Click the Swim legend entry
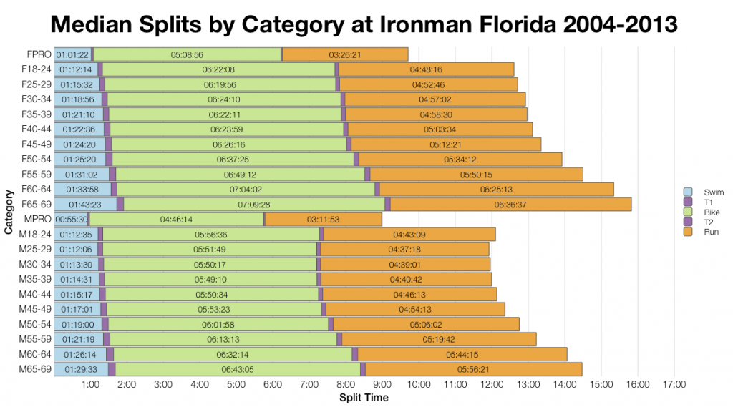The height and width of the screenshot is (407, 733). pos(711,192)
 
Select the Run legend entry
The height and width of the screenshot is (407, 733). pos(711,232)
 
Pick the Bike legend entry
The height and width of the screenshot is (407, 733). pos(711,212)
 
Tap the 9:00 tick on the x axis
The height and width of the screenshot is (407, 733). pos(382,384)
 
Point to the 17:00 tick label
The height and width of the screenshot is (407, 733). pos(674,384)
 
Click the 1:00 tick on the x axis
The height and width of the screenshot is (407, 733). pos(90,384)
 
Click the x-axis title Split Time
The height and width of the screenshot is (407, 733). pos(364,397)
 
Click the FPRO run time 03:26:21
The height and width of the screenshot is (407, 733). pos(344,54)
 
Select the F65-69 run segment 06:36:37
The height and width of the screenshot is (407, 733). pos(510,204)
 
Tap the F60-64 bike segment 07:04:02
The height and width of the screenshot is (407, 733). pos(246,189)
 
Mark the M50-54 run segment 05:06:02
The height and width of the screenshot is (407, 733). pos(429,324)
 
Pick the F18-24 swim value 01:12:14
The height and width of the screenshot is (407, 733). pos(75,69)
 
